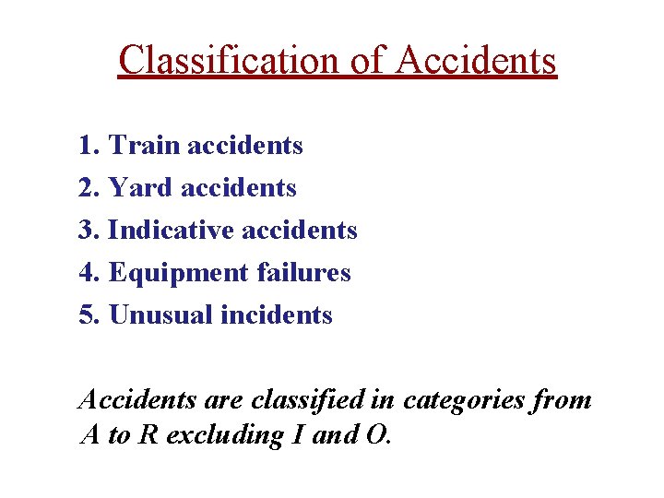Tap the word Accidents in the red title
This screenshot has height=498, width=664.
476,61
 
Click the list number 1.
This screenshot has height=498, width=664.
88,146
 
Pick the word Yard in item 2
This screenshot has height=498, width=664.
140,188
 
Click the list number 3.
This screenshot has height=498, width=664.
88,231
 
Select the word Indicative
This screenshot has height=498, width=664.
171,231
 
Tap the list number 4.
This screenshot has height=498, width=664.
88,273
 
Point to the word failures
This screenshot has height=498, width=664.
303,273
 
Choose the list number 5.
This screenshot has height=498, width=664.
88,315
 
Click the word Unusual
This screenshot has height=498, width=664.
160,315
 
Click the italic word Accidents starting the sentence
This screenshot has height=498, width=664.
137,400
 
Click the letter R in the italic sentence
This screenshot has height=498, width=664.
146,435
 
